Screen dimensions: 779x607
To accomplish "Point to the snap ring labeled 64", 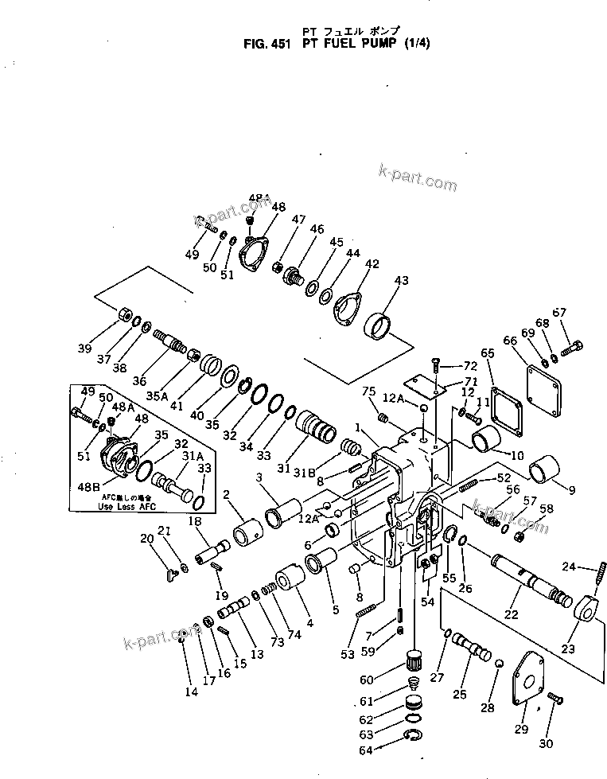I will [411, 737].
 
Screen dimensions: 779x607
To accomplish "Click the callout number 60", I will [365, 680].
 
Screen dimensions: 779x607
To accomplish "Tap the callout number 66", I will [510, 341].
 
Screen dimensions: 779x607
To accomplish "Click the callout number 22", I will [510, 613].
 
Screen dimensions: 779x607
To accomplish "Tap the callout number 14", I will [191, 691].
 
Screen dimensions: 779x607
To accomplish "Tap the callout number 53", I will [347, 654].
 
